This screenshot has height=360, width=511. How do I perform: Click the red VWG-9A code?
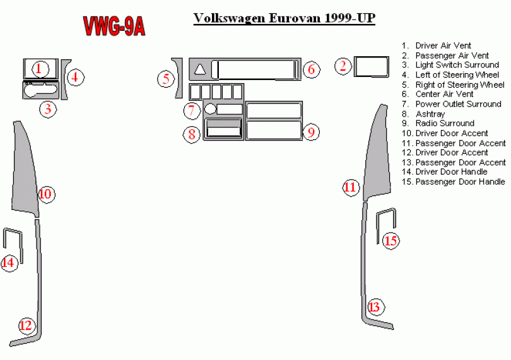tap(114, 26)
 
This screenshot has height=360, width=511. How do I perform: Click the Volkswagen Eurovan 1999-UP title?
tap(284, 18)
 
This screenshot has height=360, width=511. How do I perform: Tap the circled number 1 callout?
tap(39, 68)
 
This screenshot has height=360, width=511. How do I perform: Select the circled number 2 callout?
tap(343, 65)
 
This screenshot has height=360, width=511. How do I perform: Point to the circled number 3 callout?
tap(48, 109)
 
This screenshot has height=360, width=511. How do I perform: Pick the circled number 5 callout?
tap(166, 79)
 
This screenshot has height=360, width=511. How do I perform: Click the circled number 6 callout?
tap(311, 69)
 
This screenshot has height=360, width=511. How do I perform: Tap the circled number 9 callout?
tap(310, 132)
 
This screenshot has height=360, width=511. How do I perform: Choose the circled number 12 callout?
tap(25, 325)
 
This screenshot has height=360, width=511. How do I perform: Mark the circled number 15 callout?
tap(391, 240)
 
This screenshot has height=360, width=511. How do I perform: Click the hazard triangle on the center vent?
tap(200, 69)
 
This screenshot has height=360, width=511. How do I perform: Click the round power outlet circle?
tap(211, 109)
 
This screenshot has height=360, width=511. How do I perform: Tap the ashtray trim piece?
tap(223, 131)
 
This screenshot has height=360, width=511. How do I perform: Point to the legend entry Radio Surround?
tap(445, 124)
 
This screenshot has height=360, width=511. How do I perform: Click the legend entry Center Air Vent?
tap(444, 95)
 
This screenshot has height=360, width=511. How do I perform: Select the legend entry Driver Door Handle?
tap(451, 172)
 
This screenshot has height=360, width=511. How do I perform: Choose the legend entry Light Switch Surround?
tap(457, 65)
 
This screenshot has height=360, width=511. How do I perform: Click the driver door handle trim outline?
tap(14, 243)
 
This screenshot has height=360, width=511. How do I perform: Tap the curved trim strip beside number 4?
tap(64, 79)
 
